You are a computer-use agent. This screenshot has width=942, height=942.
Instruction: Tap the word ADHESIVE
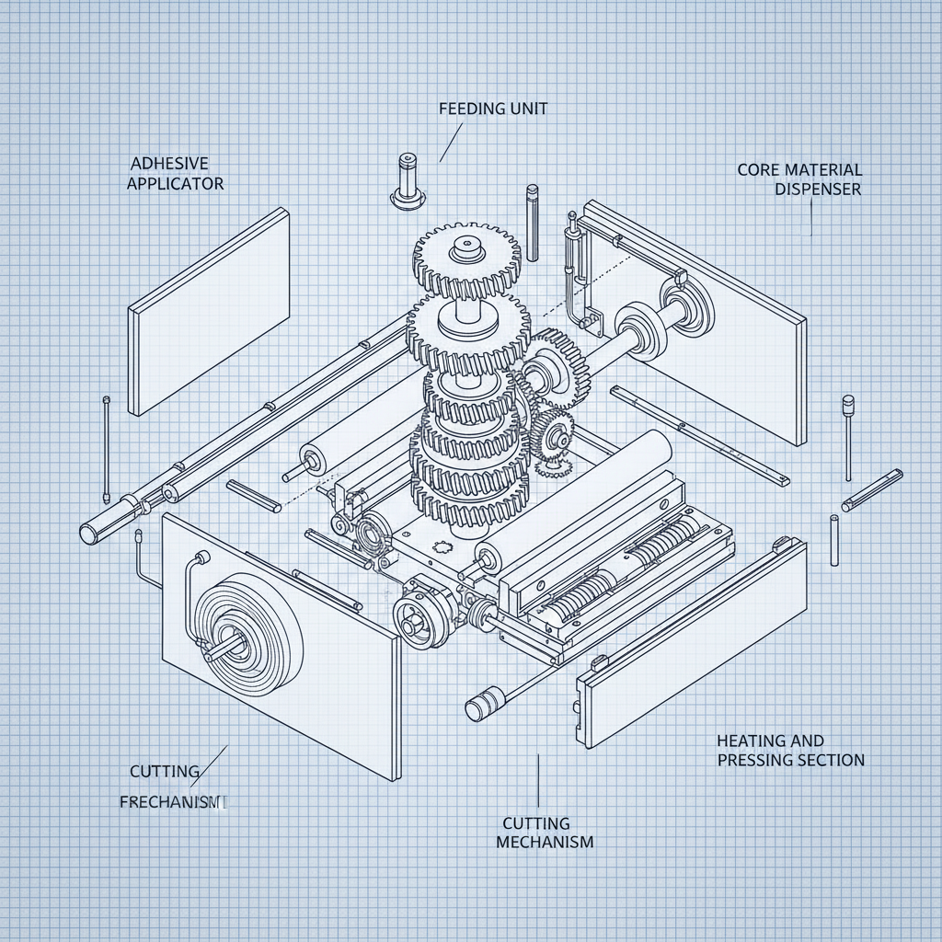(169, 163)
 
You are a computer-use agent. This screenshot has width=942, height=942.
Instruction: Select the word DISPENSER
(818, 190)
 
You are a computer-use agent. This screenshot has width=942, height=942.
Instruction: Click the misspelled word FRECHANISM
(172, 802)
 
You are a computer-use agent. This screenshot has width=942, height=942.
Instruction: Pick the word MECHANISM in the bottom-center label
(545, 842)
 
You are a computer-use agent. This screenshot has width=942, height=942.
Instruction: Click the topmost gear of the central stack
(461, 252)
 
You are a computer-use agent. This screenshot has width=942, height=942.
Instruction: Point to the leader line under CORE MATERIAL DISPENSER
(811, 217)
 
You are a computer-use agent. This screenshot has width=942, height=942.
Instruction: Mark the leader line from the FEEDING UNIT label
(450, 142)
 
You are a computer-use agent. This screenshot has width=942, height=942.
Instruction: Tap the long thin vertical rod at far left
(107, 450)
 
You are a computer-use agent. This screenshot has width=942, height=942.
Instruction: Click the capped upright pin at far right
(847, 437)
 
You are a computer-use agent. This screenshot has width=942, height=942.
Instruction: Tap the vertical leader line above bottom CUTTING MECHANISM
(537, 782)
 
